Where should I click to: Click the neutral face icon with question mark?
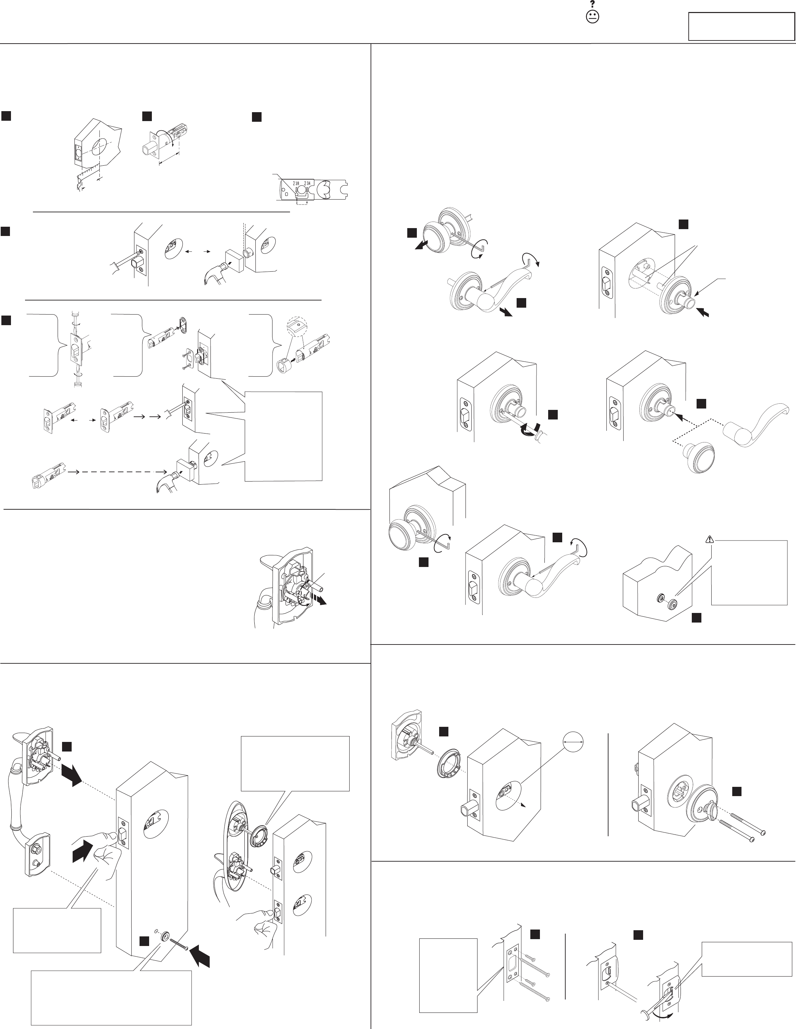click(x=592, y=16)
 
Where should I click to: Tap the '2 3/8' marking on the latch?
click(x=296, y=183)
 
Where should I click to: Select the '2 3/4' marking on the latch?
click(x=309, y=183)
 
